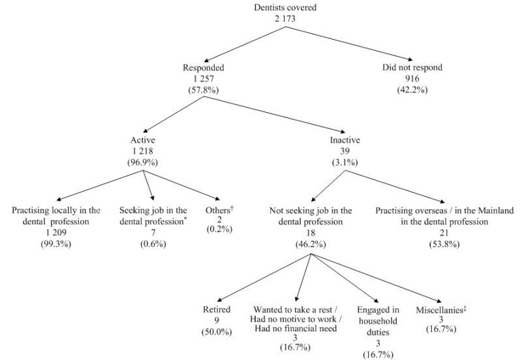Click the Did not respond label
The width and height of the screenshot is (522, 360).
(412, 67)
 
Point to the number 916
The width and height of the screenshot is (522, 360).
(412, 78)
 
